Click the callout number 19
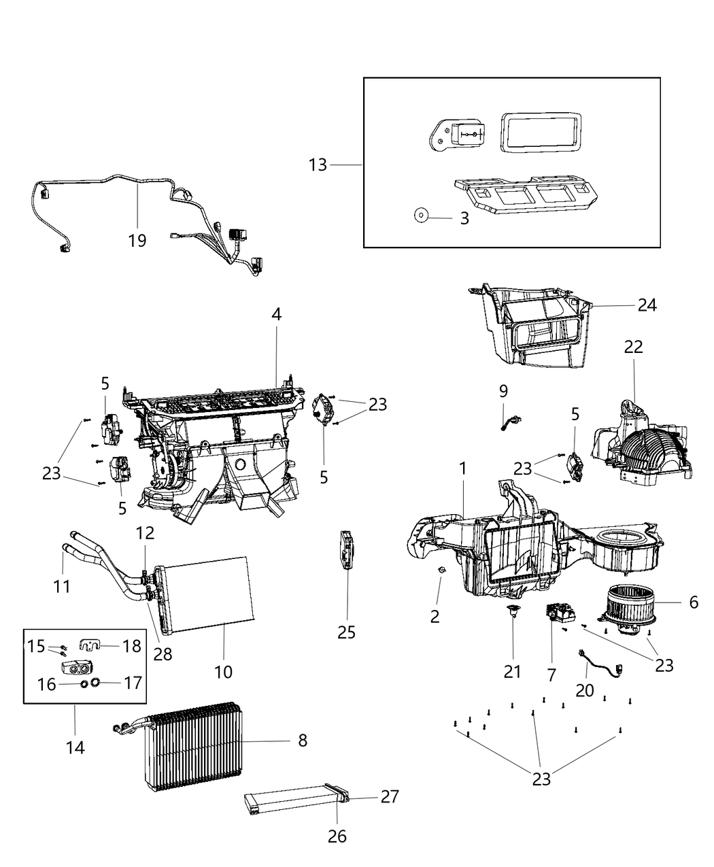click(137, 241)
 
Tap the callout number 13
click(318, 165)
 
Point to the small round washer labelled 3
click(420, 216)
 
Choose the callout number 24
click(647, 305)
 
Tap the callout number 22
click(633, 347)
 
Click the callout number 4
click(276, 314)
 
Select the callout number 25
click(347, 632)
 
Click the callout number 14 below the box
click(75, 747)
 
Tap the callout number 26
click(337, 836)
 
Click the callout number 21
click(512, 672)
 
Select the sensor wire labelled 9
click(511, 426)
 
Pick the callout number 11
click(62, 585)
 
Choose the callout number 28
click(163, 653)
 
